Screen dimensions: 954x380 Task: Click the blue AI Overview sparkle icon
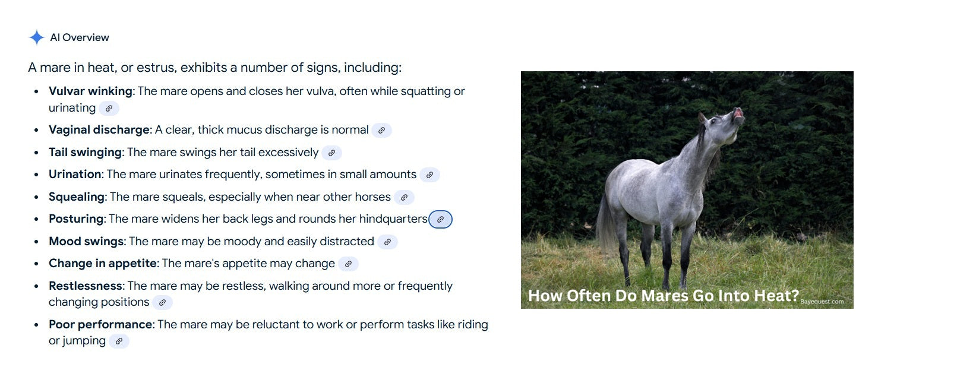click(37, 37)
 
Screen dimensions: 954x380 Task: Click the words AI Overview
click(80, 37)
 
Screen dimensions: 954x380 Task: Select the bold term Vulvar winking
click(91, 91)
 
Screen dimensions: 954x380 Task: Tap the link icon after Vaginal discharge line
click(381, 130)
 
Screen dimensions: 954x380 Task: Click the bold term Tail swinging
click(85, 153)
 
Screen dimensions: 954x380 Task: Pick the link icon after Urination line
click(429, 175)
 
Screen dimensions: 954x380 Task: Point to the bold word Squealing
click(77, 197)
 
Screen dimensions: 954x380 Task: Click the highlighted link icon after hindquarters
click(440, 219)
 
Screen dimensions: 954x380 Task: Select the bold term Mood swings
click(87, 241)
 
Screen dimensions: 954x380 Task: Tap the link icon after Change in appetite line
click(348, 264)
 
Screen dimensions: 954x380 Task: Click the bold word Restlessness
click(86, 286)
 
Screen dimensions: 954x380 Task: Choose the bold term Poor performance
click(100, 324)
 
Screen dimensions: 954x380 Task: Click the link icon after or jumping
click(119, 341)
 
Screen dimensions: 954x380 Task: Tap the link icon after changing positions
click(162, 302)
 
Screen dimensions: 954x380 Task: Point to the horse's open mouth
click(738, 113)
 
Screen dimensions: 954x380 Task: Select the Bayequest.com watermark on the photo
click(822, 301)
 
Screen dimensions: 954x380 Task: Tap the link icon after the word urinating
click(109, 108)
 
